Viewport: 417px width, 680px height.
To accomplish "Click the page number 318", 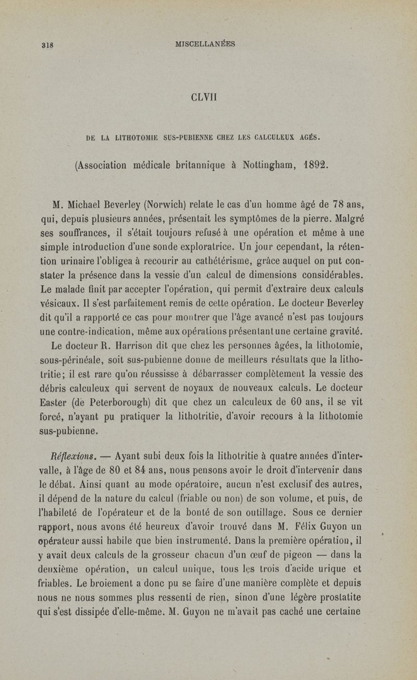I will pos(47,45).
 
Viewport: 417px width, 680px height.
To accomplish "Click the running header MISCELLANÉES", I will pos(206,44).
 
